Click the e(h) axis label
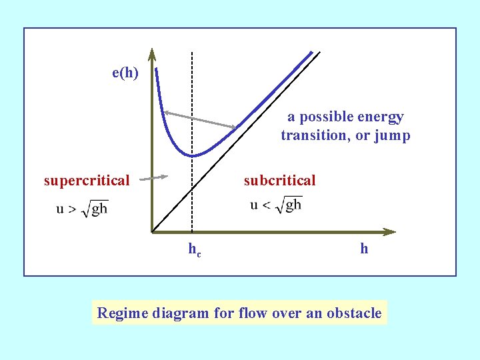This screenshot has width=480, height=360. point(125,73)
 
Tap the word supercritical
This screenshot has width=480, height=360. point(87,180)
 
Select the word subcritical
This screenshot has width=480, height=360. point(279,180)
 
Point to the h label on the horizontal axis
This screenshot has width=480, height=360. point(364,249)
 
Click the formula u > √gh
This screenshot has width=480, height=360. point(82,209)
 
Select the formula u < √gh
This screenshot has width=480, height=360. point(276,205)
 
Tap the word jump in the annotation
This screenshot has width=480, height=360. point(393,135)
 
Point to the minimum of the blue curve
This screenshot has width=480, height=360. point(192,155)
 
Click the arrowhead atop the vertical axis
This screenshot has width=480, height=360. point(152,53)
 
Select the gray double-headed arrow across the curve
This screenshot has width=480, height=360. point(200,119)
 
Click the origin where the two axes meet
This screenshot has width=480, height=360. point(153,232)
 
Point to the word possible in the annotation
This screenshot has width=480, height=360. point(325,117)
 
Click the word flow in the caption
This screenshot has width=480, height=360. point(251,313)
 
